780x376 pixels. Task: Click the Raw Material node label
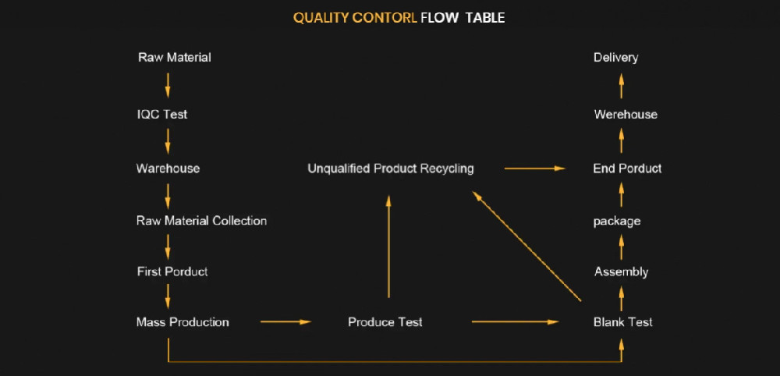[x=174, y=58]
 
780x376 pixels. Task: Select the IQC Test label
[x=161, y=115]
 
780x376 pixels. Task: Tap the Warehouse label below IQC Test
[x=168, y=168]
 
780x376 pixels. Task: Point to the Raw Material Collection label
[x=201, y=221]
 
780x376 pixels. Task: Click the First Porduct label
[x=172, y=271]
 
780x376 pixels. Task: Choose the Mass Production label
[x=183, y=322]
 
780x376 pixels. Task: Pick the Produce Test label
[x=385, y=322]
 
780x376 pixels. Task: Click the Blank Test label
[x=622, y=322]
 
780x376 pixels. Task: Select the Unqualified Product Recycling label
[x=390, y=168]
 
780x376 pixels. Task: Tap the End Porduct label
[x=627, y=168]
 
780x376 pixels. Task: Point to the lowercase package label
[x=616, y=222]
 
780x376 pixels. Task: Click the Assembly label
[x=621, y=272]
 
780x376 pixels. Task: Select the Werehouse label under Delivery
[x=625, y=115]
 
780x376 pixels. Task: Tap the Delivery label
[x=615, y=58]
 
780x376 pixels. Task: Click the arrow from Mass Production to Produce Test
[x=285, y=321]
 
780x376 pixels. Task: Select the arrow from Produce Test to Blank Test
[x=516, y=321]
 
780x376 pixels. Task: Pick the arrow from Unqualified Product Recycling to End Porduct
[x=534, y=168]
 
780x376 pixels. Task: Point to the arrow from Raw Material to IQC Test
[x=168, y=85]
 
